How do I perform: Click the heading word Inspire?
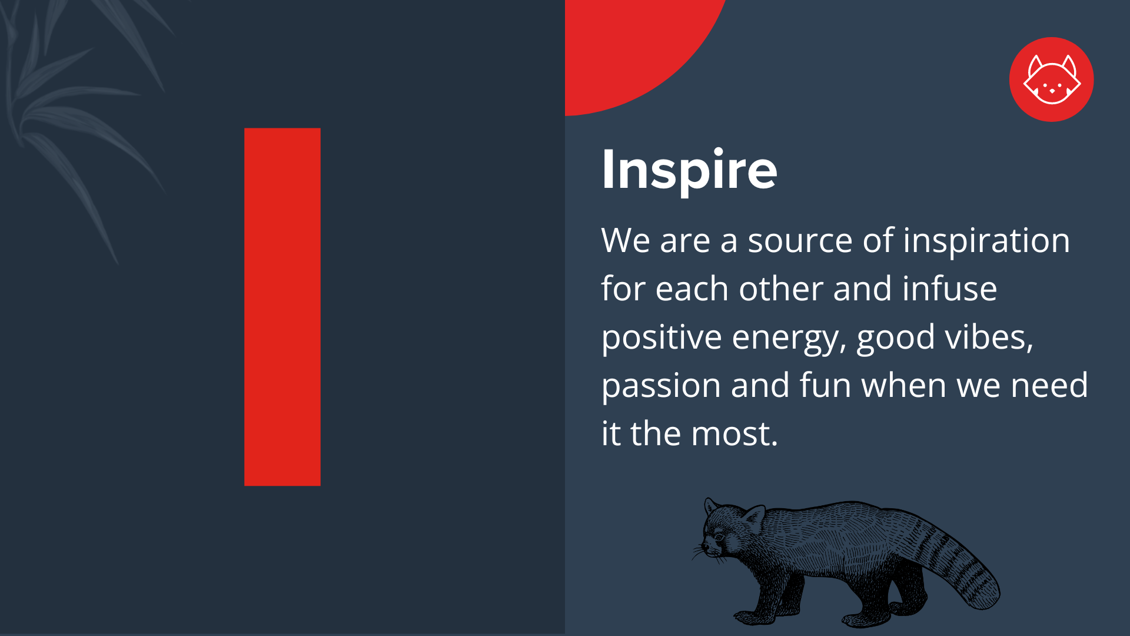click(689, 170)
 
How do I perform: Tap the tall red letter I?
click(282, 307)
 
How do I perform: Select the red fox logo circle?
click(1051, 79)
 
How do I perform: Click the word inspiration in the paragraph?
click(986, 241)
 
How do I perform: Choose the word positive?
click(662, 338)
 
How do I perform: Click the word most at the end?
click(733, 434)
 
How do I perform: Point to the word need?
click(1049, 386)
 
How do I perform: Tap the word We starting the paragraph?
click(626, 241)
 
